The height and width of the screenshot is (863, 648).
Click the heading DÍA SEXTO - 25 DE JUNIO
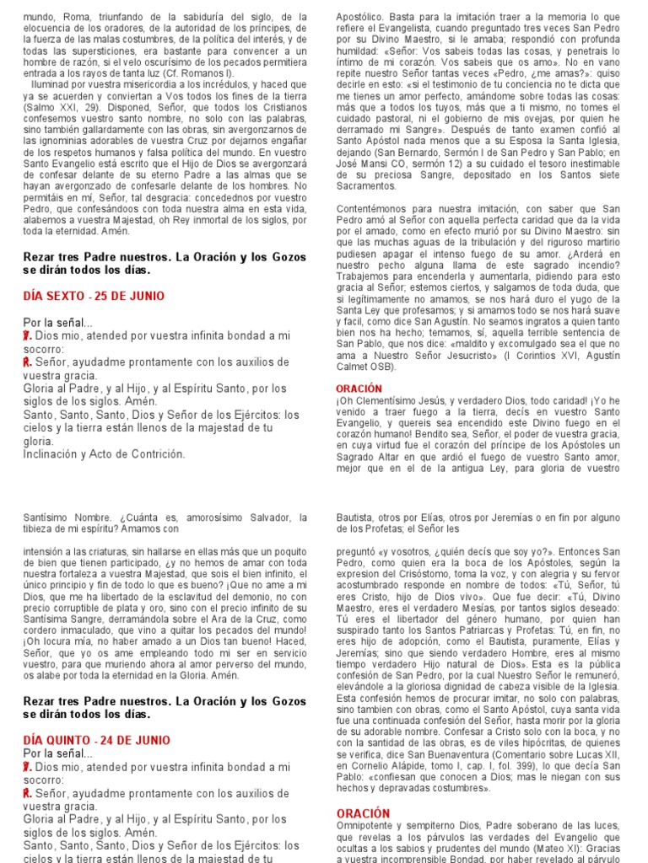(93, 297)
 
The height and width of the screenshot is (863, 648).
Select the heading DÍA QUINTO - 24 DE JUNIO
(96, 741)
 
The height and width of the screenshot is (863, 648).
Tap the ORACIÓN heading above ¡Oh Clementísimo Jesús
(359, 389)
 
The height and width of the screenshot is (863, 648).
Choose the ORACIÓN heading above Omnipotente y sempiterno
(363, 813)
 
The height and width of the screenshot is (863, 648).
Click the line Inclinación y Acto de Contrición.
(104, 454)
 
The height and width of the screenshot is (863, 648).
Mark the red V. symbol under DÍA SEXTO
(27, 335)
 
